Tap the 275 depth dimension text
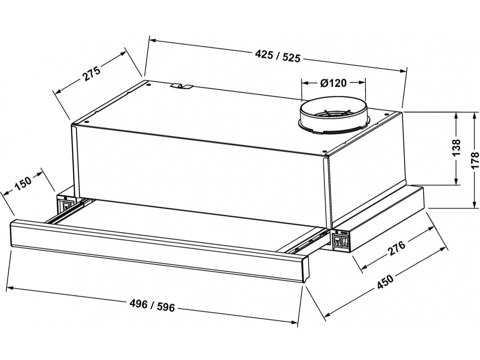91,74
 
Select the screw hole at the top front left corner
87,122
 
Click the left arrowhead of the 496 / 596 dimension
10,289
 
